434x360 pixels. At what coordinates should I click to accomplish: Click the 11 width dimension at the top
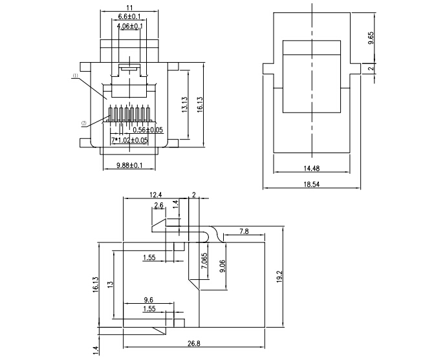click(x=129, y=8)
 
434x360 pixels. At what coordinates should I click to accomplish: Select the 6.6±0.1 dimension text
click(x=129, y=16)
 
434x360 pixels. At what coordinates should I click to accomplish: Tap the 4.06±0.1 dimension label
click(x=130, y=26)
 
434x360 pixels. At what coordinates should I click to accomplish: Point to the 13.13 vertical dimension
click(x=185, y=104)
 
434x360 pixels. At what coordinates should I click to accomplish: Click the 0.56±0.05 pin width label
click(x=148, y=130)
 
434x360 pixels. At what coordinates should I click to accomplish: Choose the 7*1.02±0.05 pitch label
click(x=129, y=140)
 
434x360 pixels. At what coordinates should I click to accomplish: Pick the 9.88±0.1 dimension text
click(x=129, y=165)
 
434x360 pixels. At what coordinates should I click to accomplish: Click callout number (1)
click(x=76, y=75)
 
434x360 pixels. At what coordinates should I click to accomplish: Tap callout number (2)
click(x=84, y=123)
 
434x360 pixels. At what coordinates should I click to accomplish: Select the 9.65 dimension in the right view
click(x=371, y=38)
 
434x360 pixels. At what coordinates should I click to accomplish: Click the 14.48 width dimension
click(x=312, y=168)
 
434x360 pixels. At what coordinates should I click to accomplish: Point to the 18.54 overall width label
click(x=312, y=184)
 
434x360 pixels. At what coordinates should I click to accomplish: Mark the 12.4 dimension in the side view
click(x=155, y=195)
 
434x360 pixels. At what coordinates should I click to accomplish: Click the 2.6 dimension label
click(x=159, y=205)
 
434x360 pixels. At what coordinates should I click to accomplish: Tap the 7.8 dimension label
click(x=244, y=231)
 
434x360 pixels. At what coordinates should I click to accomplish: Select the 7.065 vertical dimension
click(x=204, y=260)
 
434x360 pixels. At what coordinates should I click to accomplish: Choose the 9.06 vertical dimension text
click(x=222, y=266)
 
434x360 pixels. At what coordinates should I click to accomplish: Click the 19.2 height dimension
click(x=279, y=277)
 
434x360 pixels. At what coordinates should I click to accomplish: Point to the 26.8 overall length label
click(x=194, y=344)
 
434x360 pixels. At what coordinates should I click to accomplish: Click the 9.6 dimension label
click(x=149, y=300)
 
